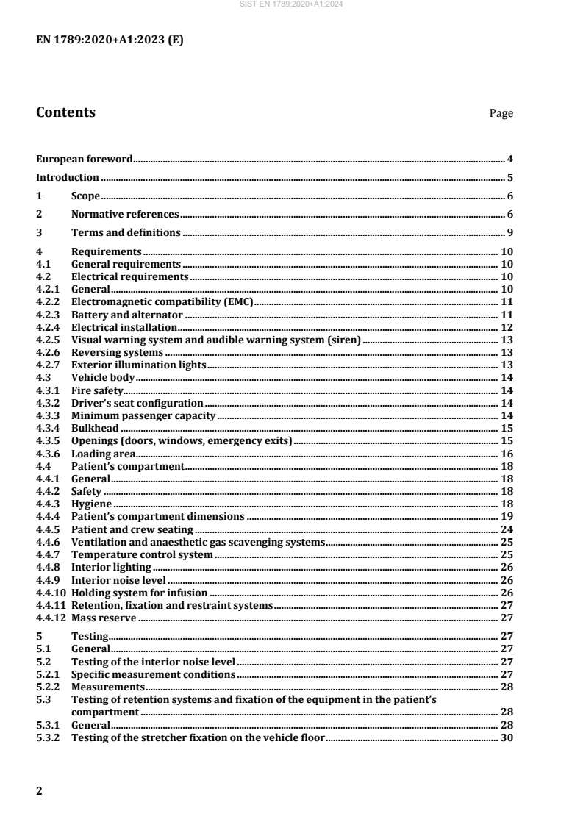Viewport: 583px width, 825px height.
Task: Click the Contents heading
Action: pyautogui.click(x=65, y=113)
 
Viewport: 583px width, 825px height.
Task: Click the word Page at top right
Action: pyautogui.click(x=501, y=114)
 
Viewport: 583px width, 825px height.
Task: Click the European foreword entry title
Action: pyautogui.click(x=85, y=158)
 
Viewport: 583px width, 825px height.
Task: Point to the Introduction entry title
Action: pyautogui.click(x=68, y=177)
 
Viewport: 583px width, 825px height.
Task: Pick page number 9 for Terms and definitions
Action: pyautogui.click(x=509, y=233)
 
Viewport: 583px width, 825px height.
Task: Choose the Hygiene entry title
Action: pyautogui.click(x=92, y=504)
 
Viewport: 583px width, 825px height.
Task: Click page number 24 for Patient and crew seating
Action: pyautogui.click(x=507, y=529)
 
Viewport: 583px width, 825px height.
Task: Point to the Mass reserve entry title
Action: pyautogui.click(x=104, y=618)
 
